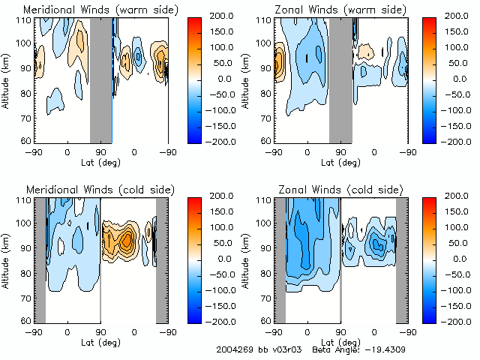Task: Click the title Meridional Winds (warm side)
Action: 90,10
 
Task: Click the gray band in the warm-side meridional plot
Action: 101,79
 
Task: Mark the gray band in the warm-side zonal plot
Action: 340,79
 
